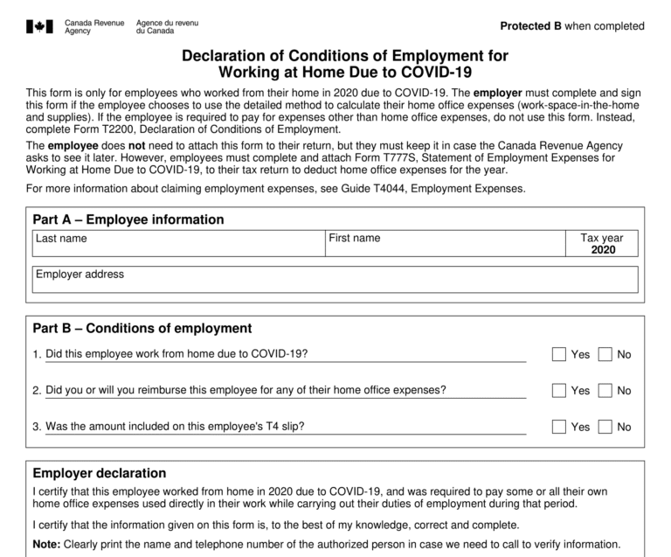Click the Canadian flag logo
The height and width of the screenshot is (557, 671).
[x=40, y=26]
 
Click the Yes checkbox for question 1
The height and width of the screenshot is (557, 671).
[x=559, y=354]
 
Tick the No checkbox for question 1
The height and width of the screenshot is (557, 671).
[x=605, y=354]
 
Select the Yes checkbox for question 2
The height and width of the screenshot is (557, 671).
[x=559, y=391]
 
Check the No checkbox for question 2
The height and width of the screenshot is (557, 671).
[x=605, y=391]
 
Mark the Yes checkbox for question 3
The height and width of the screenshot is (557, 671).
[x=559, y=428]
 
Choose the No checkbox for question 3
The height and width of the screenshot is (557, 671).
[x=605, y=428]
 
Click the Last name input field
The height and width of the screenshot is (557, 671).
[x=177, y=247]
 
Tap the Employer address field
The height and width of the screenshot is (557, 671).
[x=335, y=282]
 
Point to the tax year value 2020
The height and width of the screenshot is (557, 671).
[x=603, y=250]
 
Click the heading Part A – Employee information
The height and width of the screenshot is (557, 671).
[x=128, y=219]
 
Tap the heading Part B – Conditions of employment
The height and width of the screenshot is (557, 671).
[x=142, y=329]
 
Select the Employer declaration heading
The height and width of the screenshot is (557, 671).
[x=99, y=473]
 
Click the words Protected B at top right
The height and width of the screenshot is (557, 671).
[x=531, y=26]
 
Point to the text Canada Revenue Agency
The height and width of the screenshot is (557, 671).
[x=94, y=26]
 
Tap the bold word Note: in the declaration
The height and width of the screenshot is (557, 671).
[x=46, y=544]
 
